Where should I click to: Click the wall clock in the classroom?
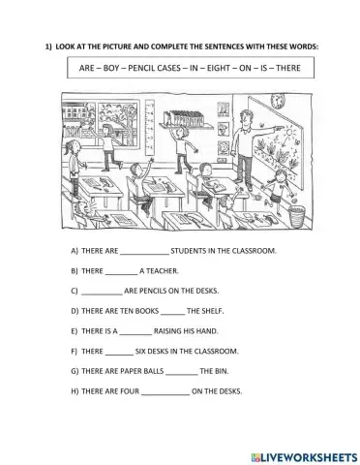[x=278, y=101]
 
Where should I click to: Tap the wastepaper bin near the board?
[x=297, y=216]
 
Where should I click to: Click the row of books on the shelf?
[x=184, y=118]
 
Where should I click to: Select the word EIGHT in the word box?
[x=218, y=68]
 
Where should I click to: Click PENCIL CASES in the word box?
[x=154, y=68]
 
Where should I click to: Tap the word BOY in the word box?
[x=111, y=68]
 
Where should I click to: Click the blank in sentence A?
[x=144, y=254]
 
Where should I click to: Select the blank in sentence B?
[x=121, y=274]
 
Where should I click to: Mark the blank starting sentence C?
[x=102, y=294]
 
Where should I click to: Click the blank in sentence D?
[x=172, y=314]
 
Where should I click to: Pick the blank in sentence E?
[x=135, y=334]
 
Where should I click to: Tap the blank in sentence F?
[x=119, y=354]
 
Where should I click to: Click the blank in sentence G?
[x=182, y=374]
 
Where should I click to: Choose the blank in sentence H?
[x=165, y=394]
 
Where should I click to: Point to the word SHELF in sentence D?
[x=212, y=311]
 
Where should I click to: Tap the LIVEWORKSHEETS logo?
[x=304, y=457]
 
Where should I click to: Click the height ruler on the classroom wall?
[x=150, y=129]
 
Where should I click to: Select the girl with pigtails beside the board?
[x=278, y=191]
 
